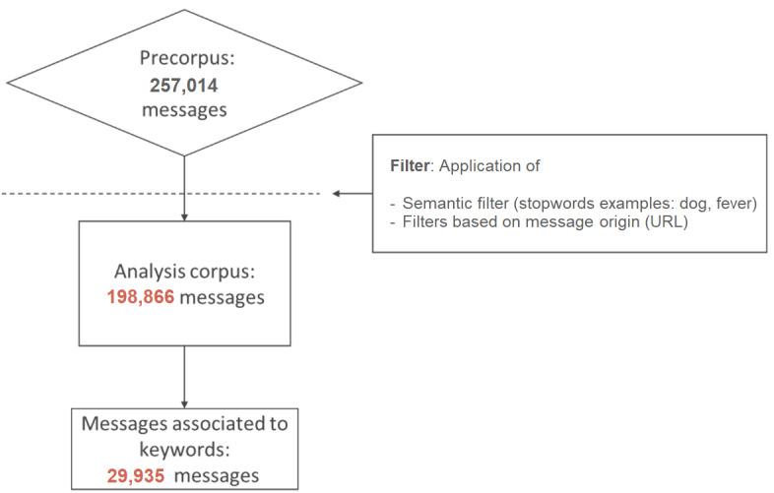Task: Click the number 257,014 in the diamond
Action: click(x=184, y=85)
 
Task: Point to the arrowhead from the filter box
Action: click(x=337, y=194)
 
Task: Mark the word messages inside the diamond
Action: click(x=184, y=109)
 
